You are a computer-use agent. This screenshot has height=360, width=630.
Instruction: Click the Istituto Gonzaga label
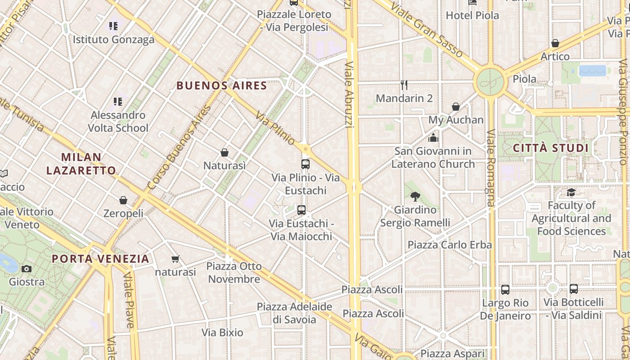tap(113, 40)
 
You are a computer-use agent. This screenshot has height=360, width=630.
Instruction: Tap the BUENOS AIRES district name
tap(222, 85)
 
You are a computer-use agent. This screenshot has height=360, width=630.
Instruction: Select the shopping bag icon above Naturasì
tap(225, 153)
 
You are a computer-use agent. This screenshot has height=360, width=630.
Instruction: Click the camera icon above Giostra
tap(27, 269)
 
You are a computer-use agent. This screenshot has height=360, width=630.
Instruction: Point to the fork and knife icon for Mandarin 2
tap(404, 85)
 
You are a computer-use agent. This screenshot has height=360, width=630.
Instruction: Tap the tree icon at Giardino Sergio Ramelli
tap(415, 196)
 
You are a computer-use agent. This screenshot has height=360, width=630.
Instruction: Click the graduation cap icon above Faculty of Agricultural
tap(571, 193)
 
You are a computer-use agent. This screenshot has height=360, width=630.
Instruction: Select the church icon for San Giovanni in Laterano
tap(433, 138)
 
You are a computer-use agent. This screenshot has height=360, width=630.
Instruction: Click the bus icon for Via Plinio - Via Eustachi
tap(306, 164)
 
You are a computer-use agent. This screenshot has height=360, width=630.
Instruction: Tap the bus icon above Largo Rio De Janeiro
tap(505, 290)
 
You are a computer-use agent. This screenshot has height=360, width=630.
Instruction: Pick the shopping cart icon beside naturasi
tap(175, 259)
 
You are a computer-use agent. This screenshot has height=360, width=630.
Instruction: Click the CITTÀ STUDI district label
tap(551, 148)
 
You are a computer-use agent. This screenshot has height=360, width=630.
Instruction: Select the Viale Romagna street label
tap(490, 167)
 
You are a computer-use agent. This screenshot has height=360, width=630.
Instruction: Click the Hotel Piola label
tap(472, 15)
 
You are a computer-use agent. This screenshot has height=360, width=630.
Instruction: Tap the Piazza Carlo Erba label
tap(450, 245)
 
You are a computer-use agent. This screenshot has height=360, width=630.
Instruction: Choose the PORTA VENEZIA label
tap(100, 259)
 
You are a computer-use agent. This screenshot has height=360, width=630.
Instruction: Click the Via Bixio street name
tap(222, 333)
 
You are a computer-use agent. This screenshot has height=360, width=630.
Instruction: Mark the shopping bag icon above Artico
tap(555, 44)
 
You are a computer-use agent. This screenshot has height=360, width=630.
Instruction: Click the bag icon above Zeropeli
tap(123, 200)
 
